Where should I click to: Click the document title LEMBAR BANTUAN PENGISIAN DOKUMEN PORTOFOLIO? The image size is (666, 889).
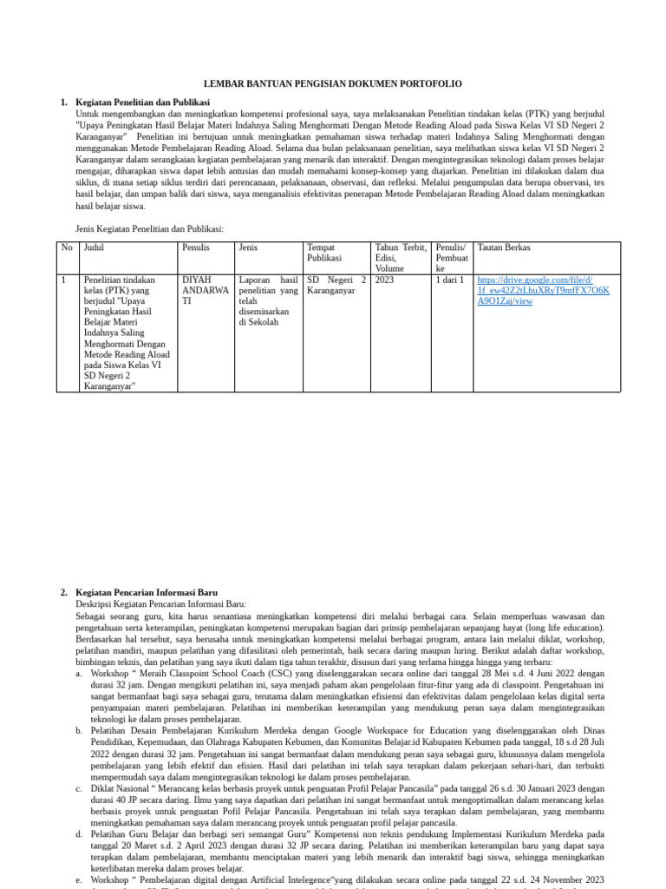[333, 83]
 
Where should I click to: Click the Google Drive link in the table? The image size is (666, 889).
[543, 291]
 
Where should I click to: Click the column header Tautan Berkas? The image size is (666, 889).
[504, 247]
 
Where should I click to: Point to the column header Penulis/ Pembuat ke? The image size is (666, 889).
[452, 258]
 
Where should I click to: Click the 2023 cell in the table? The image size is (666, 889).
[385, 280]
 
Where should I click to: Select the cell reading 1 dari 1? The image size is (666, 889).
[450, 280]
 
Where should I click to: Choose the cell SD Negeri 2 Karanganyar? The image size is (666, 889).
[336, 286]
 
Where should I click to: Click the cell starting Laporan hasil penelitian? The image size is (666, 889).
[267, 301]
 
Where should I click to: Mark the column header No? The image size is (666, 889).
[67, 247]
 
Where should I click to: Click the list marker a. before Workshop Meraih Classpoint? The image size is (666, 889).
[80, 672]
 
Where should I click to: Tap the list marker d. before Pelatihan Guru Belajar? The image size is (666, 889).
[80, 833]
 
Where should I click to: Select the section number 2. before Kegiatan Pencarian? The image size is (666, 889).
[64, 592]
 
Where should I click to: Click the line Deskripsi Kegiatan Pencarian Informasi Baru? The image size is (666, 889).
[160, 603]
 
